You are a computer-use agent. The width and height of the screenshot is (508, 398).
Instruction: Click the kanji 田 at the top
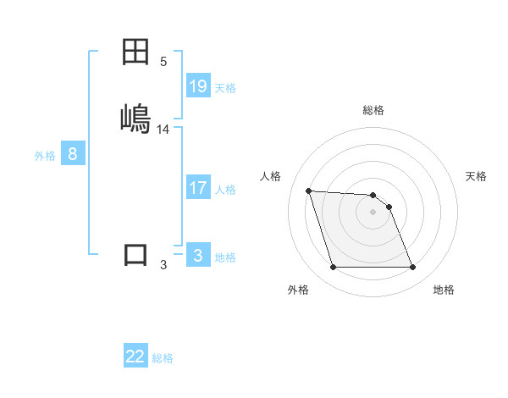tap(136, 53)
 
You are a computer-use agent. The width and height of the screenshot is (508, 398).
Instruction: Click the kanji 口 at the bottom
tap(136, 255)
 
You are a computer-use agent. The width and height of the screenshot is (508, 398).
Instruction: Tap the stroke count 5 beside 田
tap(163, 62)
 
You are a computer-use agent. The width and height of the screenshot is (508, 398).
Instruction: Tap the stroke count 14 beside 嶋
tap(163, 130)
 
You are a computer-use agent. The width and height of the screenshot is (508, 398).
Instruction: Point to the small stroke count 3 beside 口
tap(163, 265)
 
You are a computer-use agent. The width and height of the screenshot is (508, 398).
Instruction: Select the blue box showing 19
tap(198, 86)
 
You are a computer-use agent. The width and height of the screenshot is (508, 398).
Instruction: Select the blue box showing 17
tap(198, 188)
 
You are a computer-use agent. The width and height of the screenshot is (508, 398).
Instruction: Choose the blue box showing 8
tap(73, 154)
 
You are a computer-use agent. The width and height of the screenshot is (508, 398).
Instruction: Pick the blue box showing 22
tap(135, 357)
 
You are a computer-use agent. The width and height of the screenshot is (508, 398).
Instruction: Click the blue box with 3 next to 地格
tap(198, 256)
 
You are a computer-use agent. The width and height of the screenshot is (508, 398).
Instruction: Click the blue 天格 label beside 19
tap(225, 87)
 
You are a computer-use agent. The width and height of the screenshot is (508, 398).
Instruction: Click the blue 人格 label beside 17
tap(225, 189)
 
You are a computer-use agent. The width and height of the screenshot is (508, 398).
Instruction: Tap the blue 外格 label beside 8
tap(45, 155)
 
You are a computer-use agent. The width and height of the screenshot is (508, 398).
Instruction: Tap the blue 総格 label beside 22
tap(163, 357)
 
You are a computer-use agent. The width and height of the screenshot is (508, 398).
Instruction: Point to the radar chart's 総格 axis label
tap(373, 110)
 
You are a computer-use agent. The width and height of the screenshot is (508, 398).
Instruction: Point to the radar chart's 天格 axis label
tap(477, 176)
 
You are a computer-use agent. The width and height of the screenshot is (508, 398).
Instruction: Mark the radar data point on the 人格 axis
tap(308, 191)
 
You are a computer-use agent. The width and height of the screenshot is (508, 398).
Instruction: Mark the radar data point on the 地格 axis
tap(413, 268)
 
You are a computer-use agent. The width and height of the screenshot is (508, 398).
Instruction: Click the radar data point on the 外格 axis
tap(333, 268)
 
